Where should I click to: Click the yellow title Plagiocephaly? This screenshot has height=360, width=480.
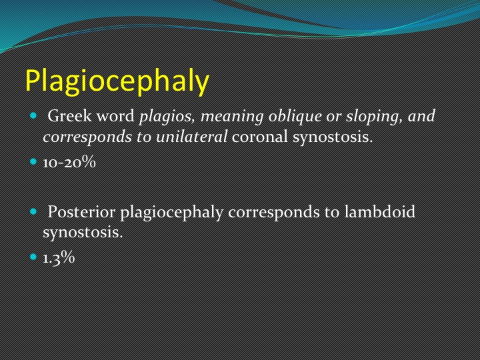pos(117,81)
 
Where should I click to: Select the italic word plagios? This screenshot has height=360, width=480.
pos(167,117)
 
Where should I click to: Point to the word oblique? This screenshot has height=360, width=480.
pos(295,117)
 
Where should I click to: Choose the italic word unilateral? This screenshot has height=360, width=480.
pos(191,136)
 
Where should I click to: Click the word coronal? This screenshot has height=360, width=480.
pos(260,137)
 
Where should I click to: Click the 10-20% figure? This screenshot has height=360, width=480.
pos(69,162)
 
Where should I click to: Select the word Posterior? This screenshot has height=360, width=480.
pos(81,211)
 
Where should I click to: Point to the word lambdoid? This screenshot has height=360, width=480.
pos(379,211)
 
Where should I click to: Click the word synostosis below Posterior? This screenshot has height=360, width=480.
pos(83,232)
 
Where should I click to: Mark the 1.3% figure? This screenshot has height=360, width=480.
pos(59,257)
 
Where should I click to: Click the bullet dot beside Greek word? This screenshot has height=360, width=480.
pos(33,116)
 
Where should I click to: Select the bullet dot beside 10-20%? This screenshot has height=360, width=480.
pos(33,161)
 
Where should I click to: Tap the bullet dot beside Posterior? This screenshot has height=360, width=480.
pos(33,211)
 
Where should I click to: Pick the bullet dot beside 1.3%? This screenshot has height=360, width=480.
pos(33,257)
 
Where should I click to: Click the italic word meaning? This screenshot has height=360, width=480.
pos(232,117)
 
